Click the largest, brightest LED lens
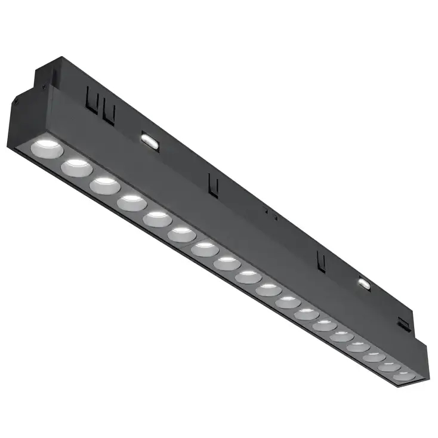47,147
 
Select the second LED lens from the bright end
76,166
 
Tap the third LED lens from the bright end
105,184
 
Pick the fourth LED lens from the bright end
132,202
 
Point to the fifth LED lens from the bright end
157,218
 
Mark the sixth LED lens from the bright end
181,234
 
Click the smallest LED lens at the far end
403,376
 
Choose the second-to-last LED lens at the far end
389,366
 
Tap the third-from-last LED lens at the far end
374,357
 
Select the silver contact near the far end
363,283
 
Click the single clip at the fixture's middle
212,183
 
